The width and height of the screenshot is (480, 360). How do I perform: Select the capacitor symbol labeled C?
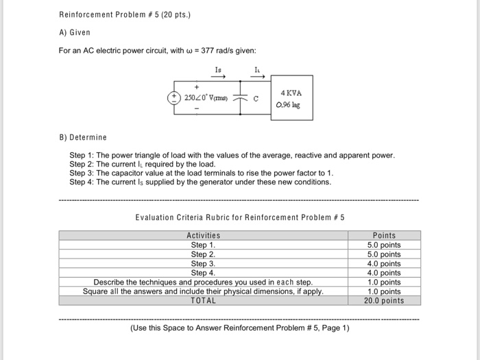(241, 98)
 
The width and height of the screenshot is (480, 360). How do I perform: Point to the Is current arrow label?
(219, 70)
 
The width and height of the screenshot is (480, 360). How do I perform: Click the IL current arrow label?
(257, 70)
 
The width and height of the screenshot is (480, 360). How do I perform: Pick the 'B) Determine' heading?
(83, 138)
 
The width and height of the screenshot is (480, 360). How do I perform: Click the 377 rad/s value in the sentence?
(221, 50)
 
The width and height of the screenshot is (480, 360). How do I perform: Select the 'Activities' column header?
(203, 236)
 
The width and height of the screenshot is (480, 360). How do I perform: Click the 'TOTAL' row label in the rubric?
(203, 300)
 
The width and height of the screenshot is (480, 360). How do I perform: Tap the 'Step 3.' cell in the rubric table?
(203, 263)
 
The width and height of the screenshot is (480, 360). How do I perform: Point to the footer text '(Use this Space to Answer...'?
(239, 328)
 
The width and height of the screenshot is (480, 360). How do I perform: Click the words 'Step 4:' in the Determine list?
(82, 182)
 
